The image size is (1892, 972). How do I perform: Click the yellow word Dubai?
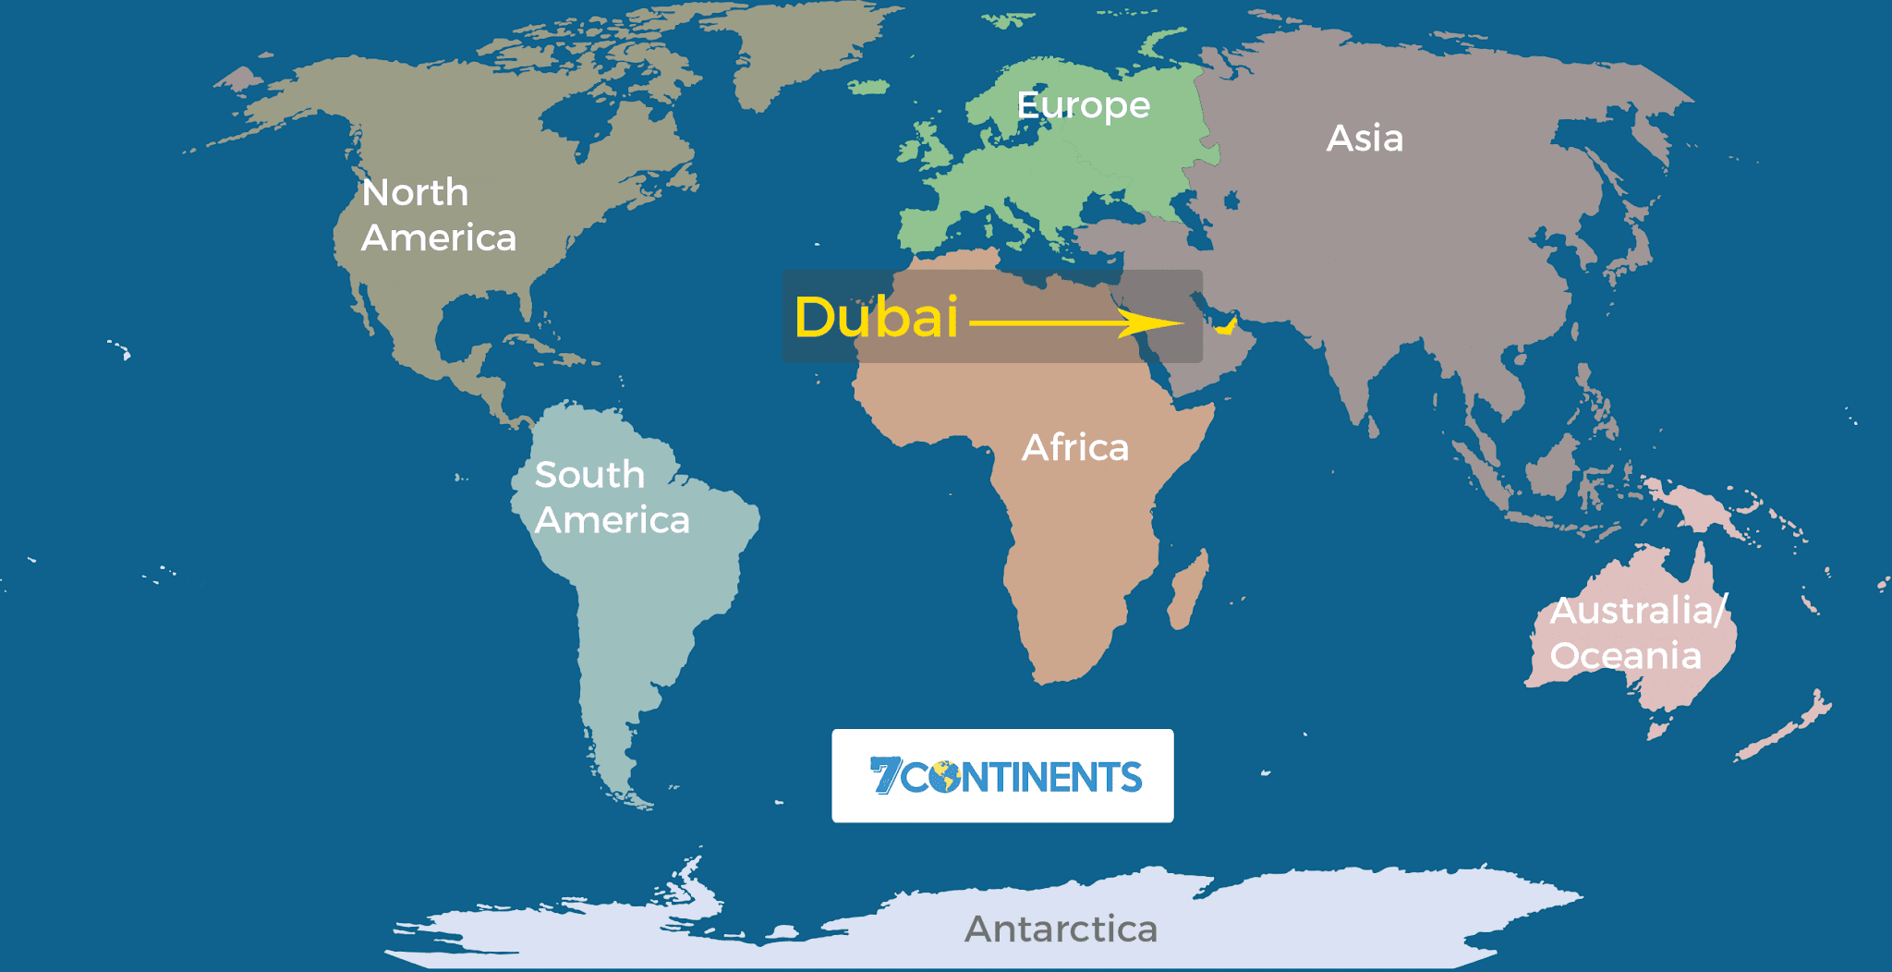coord(876,318)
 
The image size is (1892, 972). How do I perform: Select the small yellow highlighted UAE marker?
coord(1227,326)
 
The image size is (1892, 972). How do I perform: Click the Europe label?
coord(1083,106)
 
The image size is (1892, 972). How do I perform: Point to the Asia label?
coord(1364,139)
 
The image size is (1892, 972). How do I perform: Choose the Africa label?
coord(1074,448)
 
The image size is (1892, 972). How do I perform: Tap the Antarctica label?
coord(1061,929)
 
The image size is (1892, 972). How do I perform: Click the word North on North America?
coord(415,193)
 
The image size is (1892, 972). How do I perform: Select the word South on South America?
coord(589,475)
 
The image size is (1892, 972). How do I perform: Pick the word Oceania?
coord(1625,656)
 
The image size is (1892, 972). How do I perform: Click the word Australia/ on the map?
coord(1638,611)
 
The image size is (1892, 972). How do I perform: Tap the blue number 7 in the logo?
coord(885,775)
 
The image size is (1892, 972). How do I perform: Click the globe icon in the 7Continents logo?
coord(945,777)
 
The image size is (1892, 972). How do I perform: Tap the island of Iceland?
coord(868,88)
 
